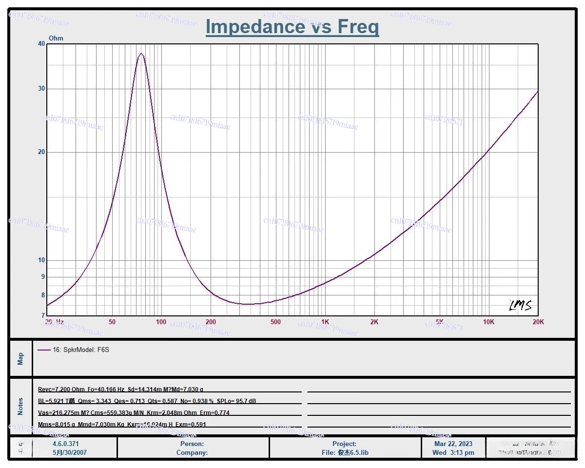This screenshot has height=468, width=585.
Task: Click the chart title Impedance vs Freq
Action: pos(292,26)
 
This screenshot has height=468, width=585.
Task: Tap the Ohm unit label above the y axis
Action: pos(56,38)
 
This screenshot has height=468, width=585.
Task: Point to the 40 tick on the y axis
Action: pos(41,44)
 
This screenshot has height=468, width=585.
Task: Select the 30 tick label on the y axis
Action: pos(41,89)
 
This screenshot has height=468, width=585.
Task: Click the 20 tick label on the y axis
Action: pos(41,152)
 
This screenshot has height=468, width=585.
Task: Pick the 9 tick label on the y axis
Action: pos(42,277)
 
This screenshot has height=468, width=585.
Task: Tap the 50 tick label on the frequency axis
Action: pos(112,322)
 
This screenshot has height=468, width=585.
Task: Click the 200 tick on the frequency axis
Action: pos(211,322)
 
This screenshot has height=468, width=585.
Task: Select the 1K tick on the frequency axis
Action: pos(325,322)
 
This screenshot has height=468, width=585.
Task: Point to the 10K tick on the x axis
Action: pos(488,322)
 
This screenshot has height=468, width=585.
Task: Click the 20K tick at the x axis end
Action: pos(538,322)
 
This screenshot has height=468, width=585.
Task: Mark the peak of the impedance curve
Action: pos(141,54)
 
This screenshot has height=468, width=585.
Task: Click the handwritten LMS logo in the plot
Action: pos(520,306)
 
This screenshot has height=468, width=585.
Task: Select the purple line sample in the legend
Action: pos(44,350)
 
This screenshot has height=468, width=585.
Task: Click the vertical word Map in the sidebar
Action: pos(20,359)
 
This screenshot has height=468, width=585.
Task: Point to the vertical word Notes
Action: pos(20,407)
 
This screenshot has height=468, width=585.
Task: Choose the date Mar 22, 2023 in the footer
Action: pos(453,444)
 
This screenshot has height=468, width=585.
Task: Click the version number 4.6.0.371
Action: pos(65,444)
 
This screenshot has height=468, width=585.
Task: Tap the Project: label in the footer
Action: pos(344,444)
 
